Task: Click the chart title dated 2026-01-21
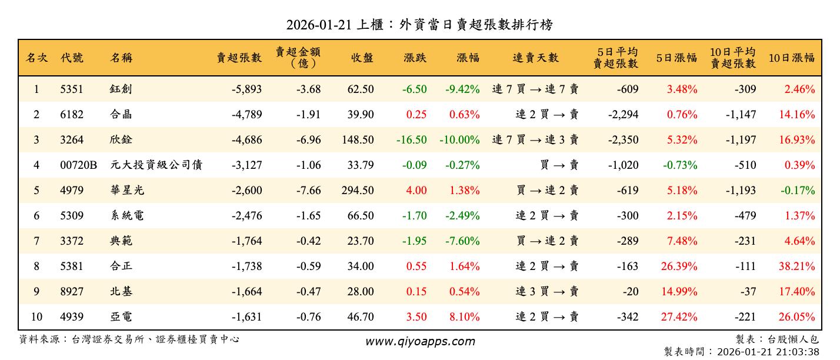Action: [419, 25]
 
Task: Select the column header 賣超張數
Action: [239, 58]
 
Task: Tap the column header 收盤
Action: [362, 58]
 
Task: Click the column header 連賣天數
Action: [535, 58]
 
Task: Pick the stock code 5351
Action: [72, 89]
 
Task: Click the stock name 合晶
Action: [121, 115]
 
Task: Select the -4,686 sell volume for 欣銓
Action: [246, 140]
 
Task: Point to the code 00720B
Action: [79, 165]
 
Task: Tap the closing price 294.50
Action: [357, 191]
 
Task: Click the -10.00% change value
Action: [459, 140]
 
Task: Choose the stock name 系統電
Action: [126, 216]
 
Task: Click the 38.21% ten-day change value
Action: [797, 266]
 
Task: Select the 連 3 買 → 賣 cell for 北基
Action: [547, 292]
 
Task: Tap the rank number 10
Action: [36, 317]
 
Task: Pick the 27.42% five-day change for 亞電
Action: [679, 317]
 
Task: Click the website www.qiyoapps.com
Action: [420, 341]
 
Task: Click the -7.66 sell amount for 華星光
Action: [308, 191]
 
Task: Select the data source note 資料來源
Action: [129, 339]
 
